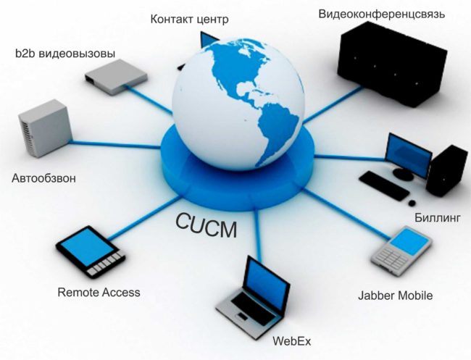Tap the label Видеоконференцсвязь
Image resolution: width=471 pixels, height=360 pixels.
click(382, 13)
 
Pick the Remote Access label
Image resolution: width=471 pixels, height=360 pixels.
click(99, 293)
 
